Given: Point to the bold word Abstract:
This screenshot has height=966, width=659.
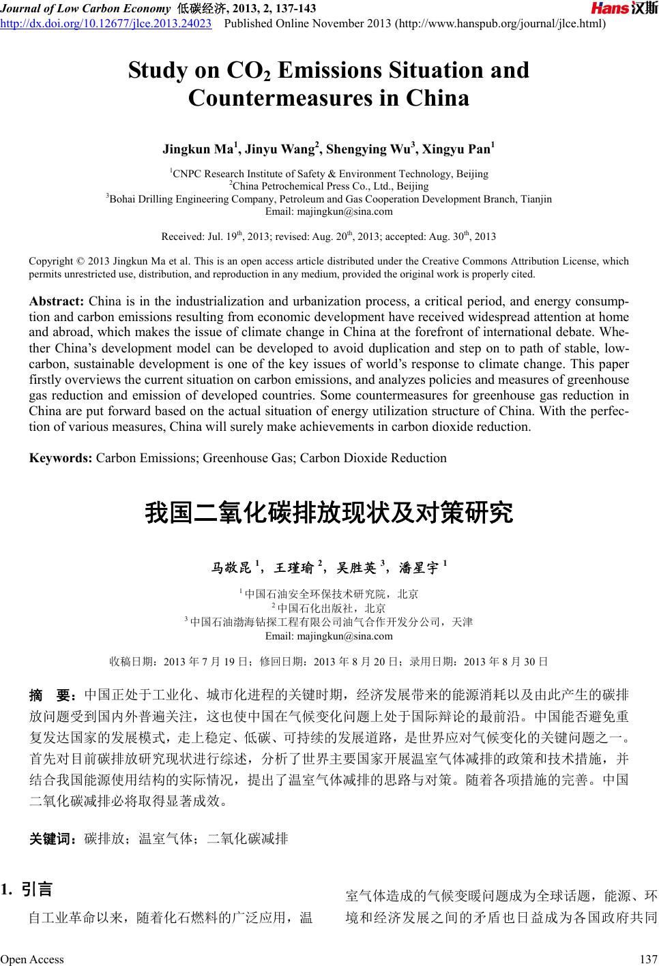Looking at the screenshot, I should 57,302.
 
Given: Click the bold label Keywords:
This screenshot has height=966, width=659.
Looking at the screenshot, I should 61,458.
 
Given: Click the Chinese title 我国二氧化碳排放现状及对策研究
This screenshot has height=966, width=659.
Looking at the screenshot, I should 328,513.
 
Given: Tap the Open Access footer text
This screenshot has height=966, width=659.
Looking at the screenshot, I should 32,959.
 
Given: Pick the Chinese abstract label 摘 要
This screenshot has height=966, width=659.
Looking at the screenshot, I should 52,695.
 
